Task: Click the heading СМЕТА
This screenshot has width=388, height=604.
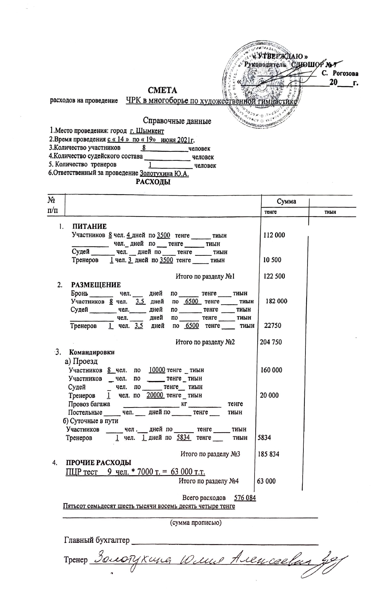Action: [162, 90]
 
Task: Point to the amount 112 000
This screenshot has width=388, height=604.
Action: [274, 235]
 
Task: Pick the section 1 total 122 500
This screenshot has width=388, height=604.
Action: [274, 276]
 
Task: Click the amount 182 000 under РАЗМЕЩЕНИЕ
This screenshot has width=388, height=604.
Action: [276, 301]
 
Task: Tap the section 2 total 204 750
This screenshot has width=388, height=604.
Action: [271, 342]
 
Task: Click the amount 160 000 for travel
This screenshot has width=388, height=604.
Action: [271, 370]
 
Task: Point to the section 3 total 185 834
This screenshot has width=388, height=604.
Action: [268, 454]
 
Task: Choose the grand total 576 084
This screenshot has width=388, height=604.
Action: [245, 498]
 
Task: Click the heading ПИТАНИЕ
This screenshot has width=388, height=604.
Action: [89, 226]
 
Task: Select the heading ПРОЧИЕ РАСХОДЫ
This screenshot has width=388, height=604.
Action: [99, 463]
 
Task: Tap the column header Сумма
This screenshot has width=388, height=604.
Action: [286, 202]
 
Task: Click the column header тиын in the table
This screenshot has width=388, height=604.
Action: [330, 212]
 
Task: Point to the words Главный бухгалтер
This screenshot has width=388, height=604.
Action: [97, 540]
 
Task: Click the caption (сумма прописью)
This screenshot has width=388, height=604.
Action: [196, 522]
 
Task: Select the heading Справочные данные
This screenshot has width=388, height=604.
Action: [177, 121]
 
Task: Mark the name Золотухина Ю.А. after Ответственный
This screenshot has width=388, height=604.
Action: [164, 174]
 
